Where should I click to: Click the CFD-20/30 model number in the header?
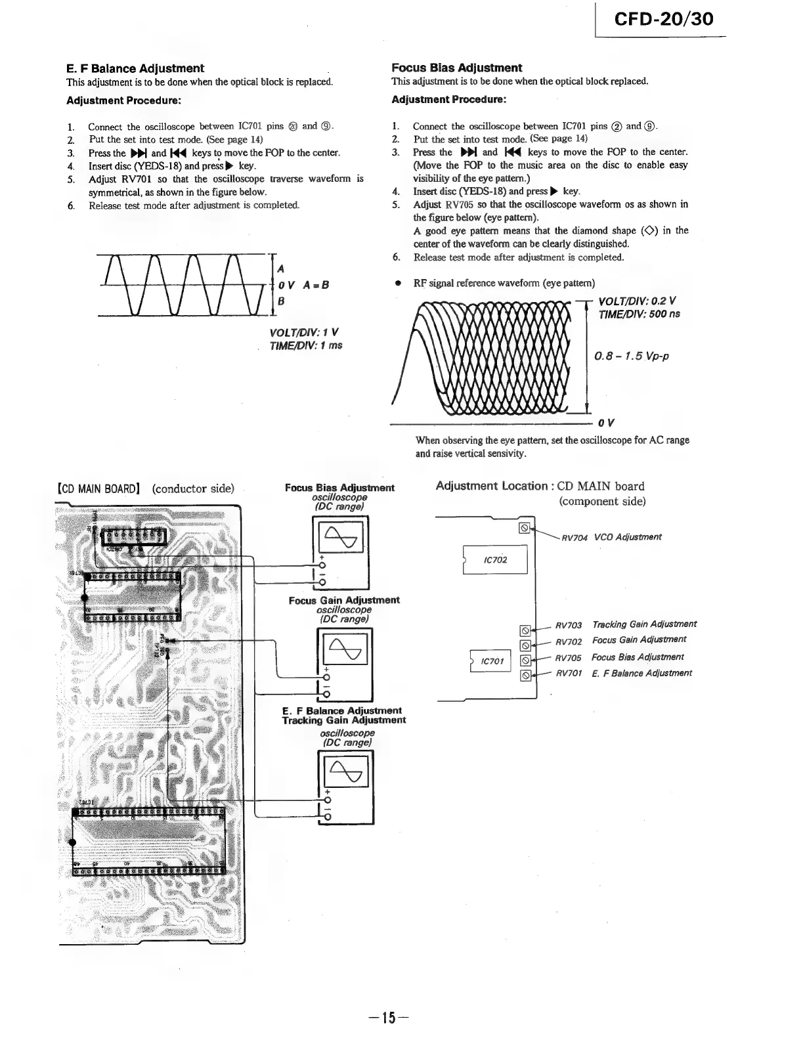click(663, 18)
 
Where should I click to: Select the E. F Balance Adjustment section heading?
click(135, 68)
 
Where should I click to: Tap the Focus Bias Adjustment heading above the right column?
click(456, 68)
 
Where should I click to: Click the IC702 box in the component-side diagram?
click(495, 560)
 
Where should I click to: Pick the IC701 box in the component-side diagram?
click(492, 661)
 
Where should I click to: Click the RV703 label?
click(569, 625)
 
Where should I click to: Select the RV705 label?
click(569, 658)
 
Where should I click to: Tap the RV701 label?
click(569, 674)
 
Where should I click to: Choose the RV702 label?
click(569, 641)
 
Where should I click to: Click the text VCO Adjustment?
click(628, 537)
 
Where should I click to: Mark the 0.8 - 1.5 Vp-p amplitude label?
click(631, 357)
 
